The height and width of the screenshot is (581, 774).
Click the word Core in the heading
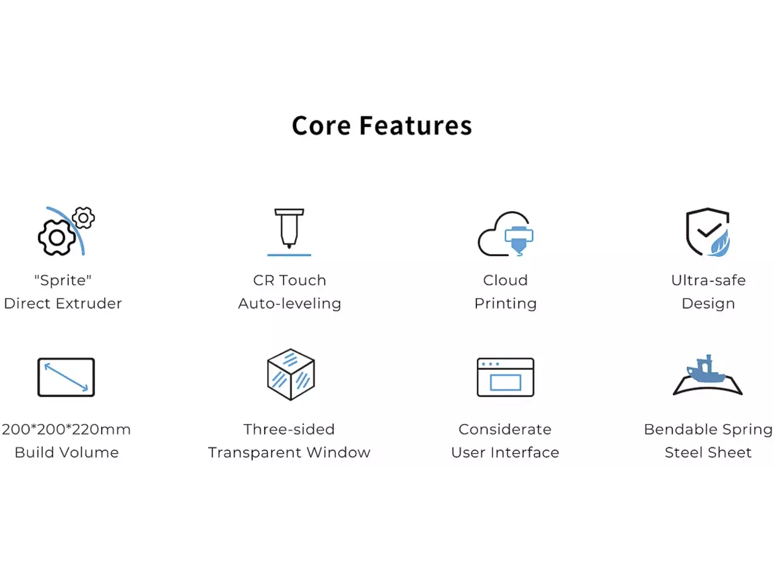(x=321, y=126)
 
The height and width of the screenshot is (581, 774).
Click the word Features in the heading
(x=415, y=126)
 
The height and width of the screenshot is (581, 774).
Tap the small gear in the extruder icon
(x=83, y=218)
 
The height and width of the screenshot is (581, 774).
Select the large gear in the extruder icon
(x=57, y=237)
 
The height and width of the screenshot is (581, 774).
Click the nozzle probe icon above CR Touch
(x=289, y=228)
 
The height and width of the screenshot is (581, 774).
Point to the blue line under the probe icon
(x=289, y=255)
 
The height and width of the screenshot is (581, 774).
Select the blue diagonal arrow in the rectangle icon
(x=66, y=377)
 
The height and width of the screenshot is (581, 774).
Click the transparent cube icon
(x=291, y=374)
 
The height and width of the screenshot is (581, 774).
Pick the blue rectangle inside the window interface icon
(x=506, y=382)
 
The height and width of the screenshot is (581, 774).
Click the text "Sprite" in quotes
(x=63, y=280)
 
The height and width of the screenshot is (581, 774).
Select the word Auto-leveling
(x=290, y=303)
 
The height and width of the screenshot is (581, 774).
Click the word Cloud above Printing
(x=506, y=280)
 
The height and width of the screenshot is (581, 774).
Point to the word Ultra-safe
(x=709, y=280)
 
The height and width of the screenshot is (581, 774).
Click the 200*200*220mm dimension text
(x=67, y=429)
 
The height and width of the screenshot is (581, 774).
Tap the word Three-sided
(x=289, y=429)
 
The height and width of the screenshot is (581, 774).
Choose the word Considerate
(x=505, y=429)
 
